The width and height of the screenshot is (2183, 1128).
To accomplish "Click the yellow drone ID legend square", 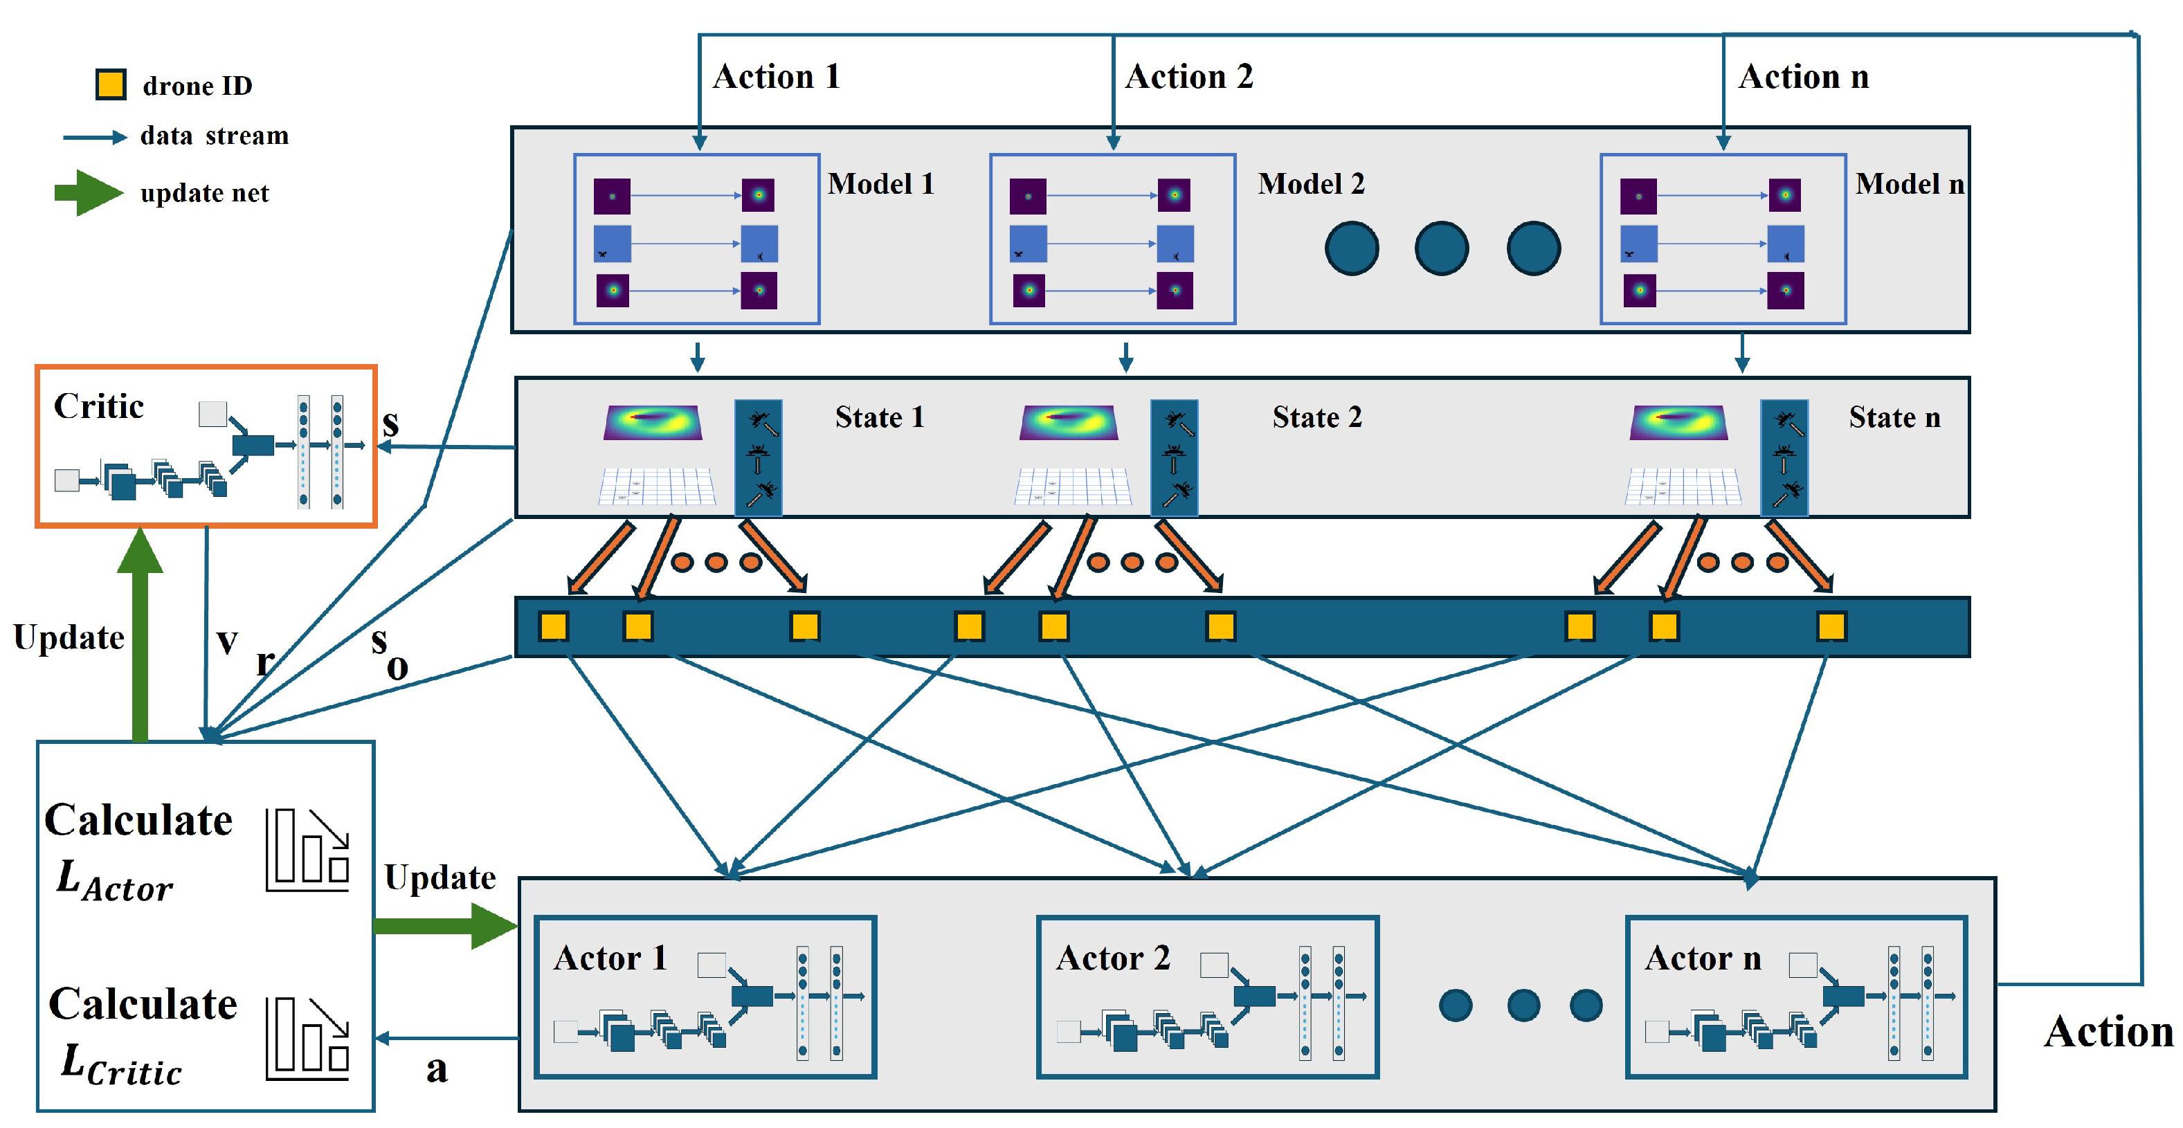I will (x=111, y=84).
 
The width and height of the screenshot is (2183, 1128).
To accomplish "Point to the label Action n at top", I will (x=1803, y=77).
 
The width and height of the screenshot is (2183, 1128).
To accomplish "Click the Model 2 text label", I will (x=1311, y=184).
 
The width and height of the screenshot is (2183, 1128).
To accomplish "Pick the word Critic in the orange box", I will (x=98, y=407).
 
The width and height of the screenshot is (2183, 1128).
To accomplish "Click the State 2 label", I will (x=1317, y=417).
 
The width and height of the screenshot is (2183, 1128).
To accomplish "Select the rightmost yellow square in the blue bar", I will (x=1831, y=626).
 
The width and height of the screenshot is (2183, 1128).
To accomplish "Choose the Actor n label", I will (x=1703, y=958).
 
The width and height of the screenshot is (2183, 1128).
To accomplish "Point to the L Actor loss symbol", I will (x=114, y=882).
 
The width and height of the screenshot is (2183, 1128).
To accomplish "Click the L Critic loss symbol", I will (x=121, y=1064).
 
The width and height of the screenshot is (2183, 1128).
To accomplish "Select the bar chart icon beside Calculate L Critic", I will (x=307, y=1038).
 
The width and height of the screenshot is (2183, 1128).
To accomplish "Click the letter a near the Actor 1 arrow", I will (x=437, y=1069).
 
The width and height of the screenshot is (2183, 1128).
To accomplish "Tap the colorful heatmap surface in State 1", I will (x=653, y=422).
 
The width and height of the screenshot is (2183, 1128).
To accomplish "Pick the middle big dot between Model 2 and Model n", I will (x=1442, y=248).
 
